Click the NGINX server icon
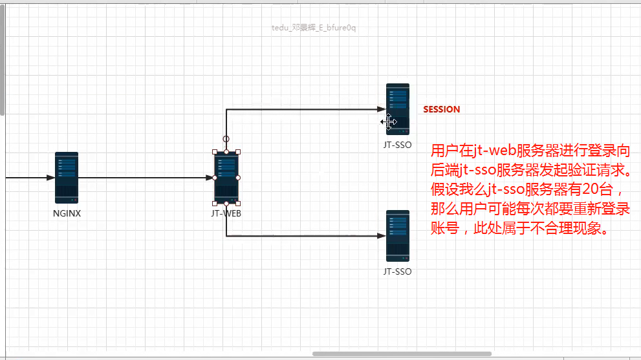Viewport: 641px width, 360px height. click(67, 177)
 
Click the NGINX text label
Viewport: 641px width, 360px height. click(67, 213)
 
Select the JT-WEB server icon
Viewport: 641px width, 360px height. click(226, 177)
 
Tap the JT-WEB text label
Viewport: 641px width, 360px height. click(226, 213)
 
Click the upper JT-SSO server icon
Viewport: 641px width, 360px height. click(398, 108)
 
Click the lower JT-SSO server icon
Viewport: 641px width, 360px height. click(398, 235)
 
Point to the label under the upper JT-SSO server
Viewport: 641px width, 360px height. click(397, 145)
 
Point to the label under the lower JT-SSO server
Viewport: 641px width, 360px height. click(397, 271)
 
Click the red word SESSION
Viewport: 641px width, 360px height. click(441, 110)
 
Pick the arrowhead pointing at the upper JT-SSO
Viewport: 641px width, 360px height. click(382, 109)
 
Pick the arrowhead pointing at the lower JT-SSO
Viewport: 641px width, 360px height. click(382, 236)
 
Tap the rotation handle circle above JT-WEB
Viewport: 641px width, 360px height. click(226, 138)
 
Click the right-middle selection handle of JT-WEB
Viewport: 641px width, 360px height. click(238, 177)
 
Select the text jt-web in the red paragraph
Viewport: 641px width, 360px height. click(495, 151)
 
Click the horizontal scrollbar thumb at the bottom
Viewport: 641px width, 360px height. click(401, 354)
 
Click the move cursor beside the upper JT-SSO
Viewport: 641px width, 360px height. click(388, 122)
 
